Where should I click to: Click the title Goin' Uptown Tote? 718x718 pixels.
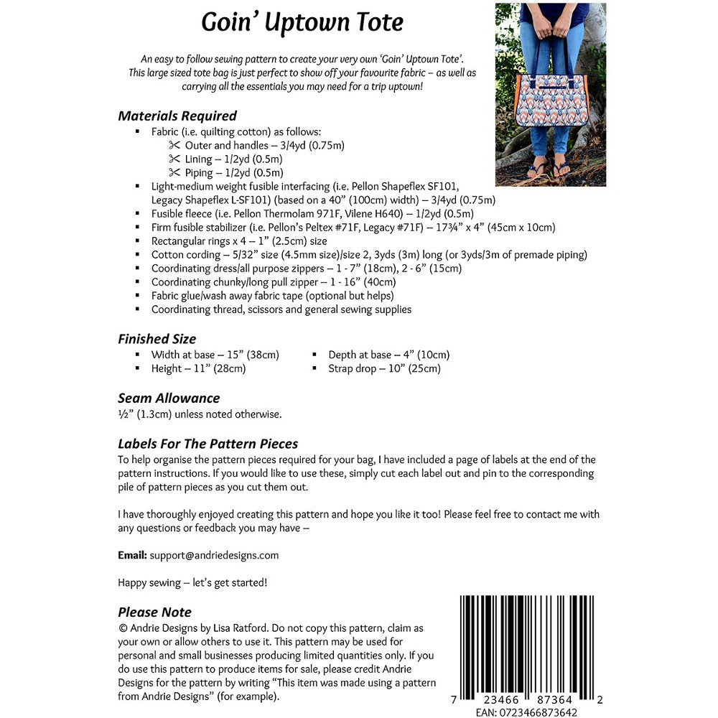click(x=302, y=22)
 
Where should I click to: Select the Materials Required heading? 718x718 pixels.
click(x=177, y=116)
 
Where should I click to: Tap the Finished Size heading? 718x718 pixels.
click(x=157, y=339)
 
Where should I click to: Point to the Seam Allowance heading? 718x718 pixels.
click(x=169, y=398)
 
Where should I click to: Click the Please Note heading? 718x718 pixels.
click(x=154, y=612)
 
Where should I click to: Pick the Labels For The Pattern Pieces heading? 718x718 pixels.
click(x=208, y=444)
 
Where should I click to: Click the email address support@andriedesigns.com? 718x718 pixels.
click(x=214, y=555)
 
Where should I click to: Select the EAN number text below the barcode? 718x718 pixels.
click(x=526, y=712)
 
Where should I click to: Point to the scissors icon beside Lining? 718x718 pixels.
click(x=174, y=159)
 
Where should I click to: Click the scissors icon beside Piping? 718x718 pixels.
click(x=174, y=172)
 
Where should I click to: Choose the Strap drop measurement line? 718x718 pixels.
click(x=384, y=368)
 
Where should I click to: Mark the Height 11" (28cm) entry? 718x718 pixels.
click(x=198, y=368)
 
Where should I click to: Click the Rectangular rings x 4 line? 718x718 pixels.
click(x=239, y=241)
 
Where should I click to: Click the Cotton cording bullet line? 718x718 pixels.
click(x=369, y=255)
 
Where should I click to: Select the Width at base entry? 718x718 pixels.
click(x=215, y=355)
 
